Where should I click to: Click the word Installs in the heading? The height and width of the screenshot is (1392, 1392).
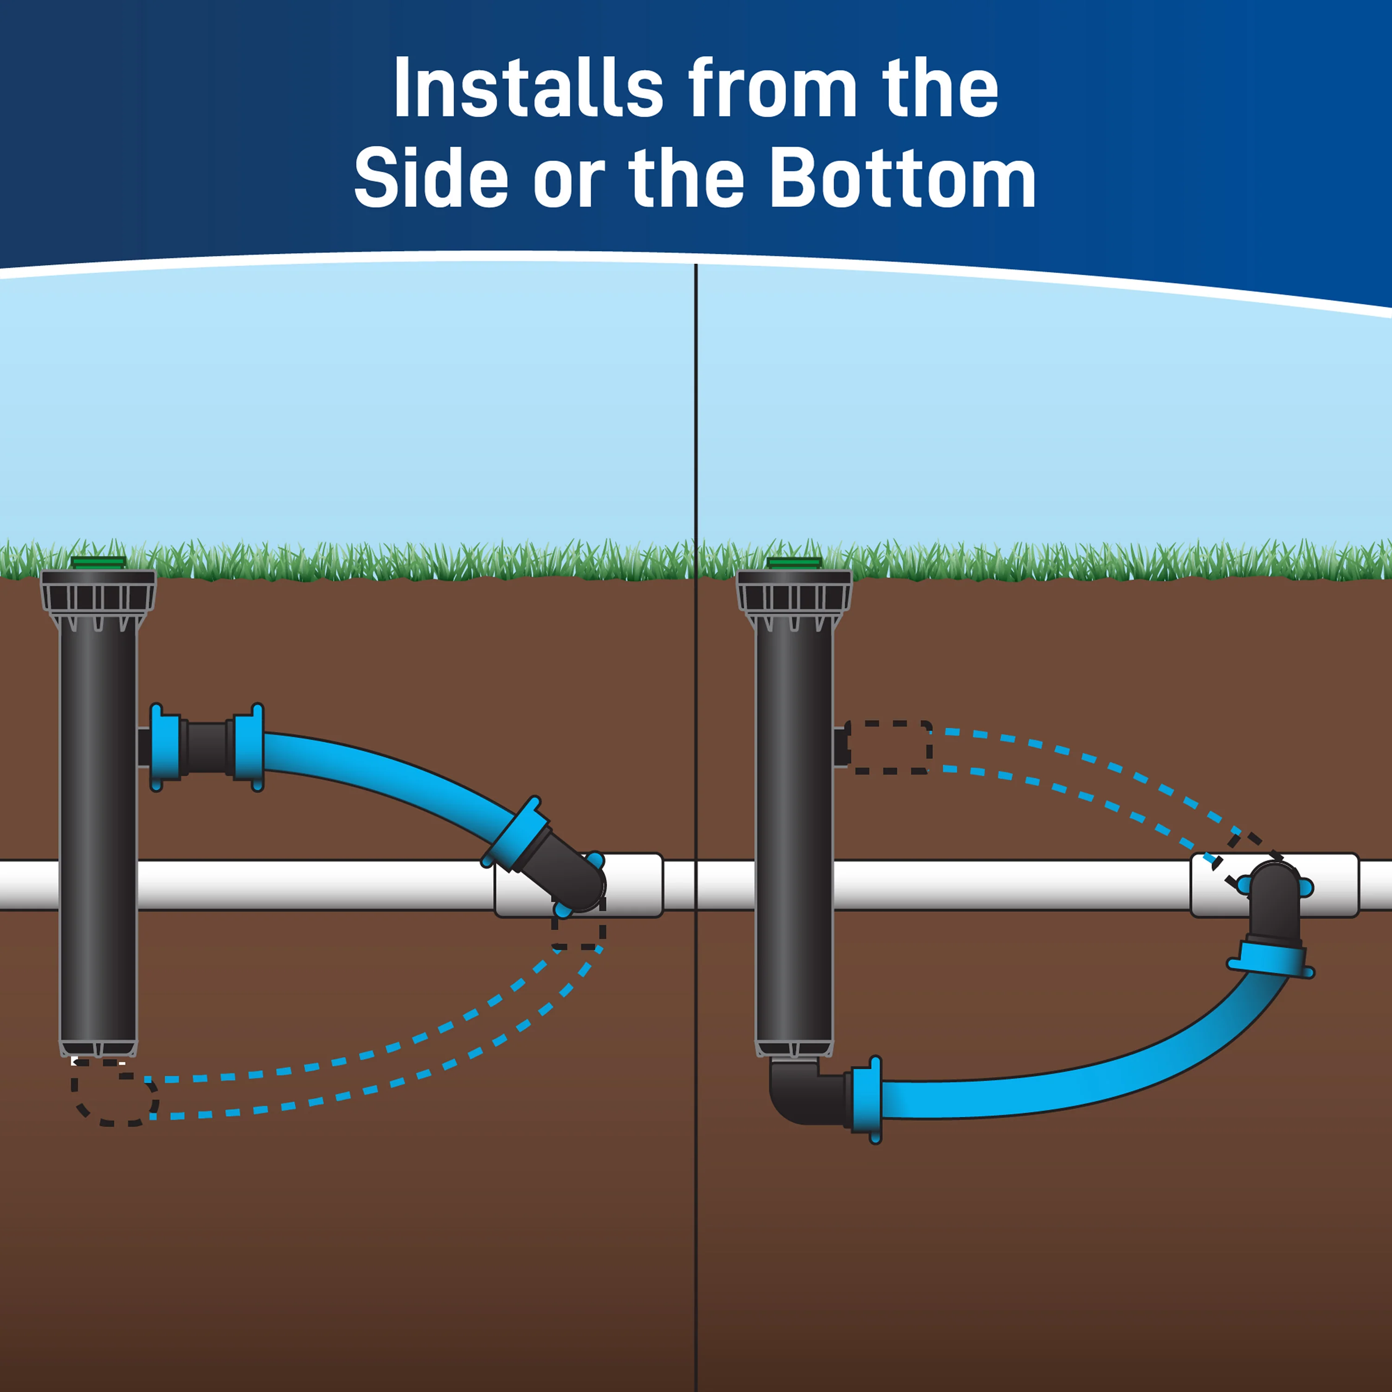click(x=528, y=88)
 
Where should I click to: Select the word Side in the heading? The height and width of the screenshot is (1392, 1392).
click(x=432, y=178)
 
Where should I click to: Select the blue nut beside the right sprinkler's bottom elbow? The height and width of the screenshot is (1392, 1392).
click(x=868, y=1100)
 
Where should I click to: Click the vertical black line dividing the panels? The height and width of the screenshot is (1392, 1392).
click(x=696, y=829)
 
